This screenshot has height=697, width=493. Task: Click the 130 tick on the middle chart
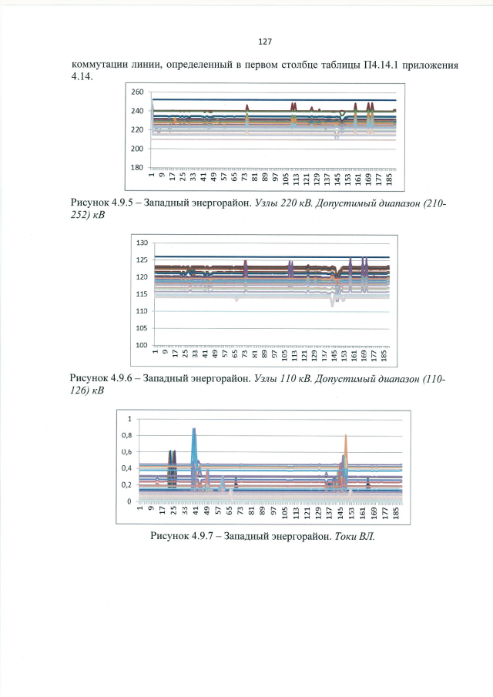143,243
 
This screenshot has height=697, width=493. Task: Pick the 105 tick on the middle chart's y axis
143,328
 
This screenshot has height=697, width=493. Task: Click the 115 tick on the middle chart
143,294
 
